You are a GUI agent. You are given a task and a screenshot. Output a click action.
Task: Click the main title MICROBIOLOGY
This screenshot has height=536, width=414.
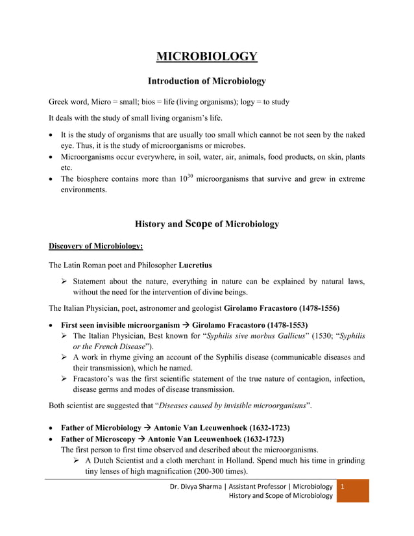click(x=207, y=56)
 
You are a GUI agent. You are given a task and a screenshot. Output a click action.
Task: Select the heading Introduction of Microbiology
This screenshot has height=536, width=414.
click(x=207, y=81)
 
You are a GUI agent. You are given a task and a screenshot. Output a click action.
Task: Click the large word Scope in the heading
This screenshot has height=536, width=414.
click(x=199, y=223)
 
